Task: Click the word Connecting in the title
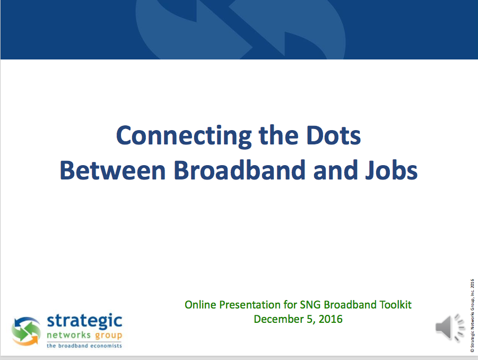pyautogui.click(x=184, y=136)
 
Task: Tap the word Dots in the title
pyautogui.click(x=334, y=135)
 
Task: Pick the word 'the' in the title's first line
pyautogui.click(x=279, y=135)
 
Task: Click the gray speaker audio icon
pyautogui.click(x=450, y=328)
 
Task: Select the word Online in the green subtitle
pyautogui.click(x=201, y=305)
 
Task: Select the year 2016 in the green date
pyautogui.click(x=331, y=319)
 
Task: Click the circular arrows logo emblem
pyautogui.click(x=26, y=331)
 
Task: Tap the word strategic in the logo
pyautogui.click(x=84, y=321)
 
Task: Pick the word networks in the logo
pyautogui.click(x=69, y=335)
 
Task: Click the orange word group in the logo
pyautogui.click(x=109, y=336)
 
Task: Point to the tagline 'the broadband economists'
pyautogui.click(x=84, y=346)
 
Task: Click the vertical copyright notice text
pyautogui.click(x=472, y=316)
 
